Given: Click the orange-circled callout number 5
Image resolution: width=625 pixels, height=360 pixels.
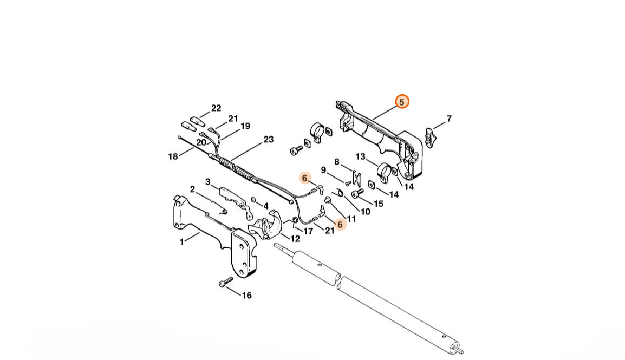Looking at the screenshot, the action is [402, 102].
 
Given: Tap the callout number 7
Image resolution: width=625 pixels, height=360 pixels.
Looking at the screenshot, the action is [449, 119].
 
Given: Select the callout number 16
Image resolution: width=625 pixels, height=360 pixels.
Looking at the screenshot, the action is [247, 295].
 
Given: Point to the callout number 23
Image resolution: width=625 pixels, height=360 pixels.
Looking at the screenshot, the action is [269, 139].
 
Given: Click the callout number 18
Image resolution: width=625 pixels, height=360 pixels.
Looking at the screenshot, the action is [173, 156].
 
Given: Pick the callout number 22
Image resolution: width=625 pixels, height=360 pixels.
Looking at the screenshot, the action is [216, 108].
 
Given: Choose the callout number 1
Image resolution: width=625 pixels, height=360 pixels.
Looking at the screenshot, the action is [182, 242].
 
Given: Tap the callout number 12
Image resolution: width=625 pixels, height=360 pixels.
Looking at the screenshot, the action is [295, 239].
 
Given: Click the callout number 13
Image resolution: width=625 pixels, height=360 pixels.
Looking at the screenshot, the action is [360, 156].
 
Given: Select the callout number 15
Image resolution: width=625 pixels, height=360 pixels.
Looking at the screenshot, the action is [378, 204].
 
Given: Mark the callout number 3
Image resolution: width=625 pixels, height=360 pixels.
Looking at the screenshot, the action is [207, 182].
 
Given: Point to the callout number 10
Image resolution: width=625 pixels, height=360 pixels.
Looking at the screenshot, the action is [365, 212].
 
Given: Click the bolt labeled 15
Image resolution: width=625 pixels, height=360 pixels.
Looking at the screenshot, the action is [356, 193].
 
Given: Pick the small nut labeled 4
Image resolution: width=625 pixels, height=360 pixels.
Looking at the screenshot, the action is [253, 200].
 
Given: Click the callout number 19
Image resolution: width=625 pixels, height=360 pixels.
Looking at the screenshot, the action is [245, 126].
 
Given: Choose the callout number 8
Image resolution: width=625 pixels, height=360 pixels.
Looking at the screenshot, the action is [337, 162].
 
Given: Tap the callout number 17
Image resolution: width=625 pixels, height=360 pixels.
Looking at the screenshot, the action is [308, 231].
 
